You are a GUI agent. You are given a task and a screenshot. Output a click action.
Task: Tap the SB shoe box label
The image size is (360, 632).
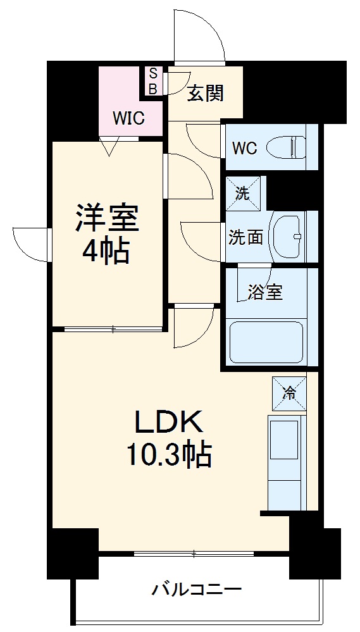click(x=152, y=82)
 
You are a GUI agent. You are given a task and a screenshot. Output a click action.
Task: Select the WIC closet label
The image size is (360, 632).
click(x=128, y=118)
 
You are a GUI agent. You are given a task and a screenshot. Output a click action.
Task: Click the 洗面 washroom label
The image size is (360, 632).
click(x=245, y=237)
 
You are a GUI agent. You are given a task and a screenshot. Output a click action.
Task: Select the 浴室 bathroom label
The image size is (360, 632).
click(x=265, y=292)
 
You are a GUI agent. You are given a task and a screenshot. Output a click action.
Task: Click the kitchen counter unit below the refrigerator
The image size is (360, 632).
click(x=287, y=461)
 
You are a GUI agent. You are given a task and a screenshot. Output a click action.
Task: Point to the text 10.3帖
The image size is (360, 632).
click(x=168, y=454)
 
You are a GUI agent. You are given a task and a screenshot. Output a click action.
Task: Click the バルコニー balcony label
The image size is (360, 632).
click(x=196, y=590)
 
